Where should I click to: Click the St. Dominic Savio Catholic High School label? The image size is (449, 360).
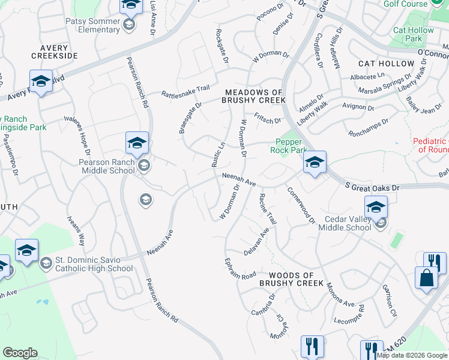pos(93,264)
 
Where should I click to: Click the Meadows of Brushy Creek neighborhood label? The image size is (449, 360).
pos(255,96)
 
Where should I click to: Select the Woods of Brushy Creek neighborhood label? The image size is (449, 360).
pos(291,283)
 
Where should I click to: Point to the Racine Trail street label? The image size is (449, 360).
pos(267,209)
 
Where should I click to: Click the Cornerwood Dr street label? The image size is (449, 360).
pos(301,204)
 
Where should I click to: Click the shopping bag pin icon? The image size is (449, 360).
pos(426,278)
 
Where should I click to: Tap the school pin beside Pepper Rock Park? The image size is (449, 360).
pos(314,163)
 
